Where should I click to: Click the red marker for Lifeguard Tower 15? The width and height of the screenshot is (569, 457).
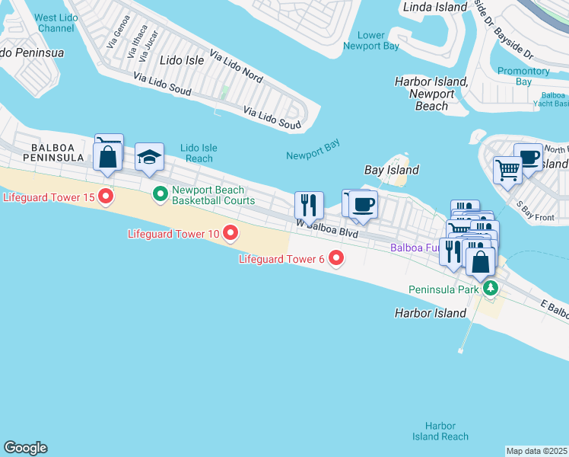pos(106,197)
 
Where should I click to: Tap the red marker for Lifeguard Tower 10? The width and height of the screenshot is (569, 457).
pos(229,233)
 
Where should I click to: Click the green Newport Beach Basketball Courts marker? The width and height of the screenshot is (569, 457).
pos(161,195)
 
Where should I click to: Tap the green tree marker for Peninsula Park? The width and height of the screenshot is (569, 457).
pos(491,289)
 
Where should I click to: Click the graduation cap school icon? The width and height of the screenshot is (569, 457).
pos(149,157)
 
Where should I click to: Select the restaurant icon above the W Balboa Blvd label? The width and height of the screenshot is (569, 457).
pos(309,204)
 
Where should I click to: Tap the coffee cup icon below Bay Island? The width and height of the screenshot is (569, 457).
pos(364,204)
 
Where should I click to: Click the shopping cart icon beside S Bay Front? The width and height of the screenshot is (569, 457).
pos(507,170)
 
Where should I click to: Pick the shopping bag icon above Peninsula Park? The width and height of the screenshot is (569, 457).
pos(481,261)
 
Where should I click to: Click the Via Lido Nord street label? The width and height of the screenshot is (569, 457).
pos(236,68)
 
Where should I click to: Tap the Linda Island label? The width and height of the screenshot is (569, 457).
pos(431,7)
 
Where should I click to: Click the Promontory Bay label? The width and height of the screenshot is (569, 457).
pos(523,76)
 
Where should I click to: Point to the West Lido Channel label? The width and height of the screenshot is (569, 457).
pos(56,22)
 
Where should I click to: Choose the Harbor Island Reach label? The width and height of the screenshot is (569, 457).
pos(440,431)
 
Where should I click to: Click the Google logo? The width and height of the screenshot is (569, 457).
pos(25,448)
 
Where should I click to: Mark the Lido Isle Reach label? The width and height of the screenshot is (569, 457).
pos(199,153)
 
